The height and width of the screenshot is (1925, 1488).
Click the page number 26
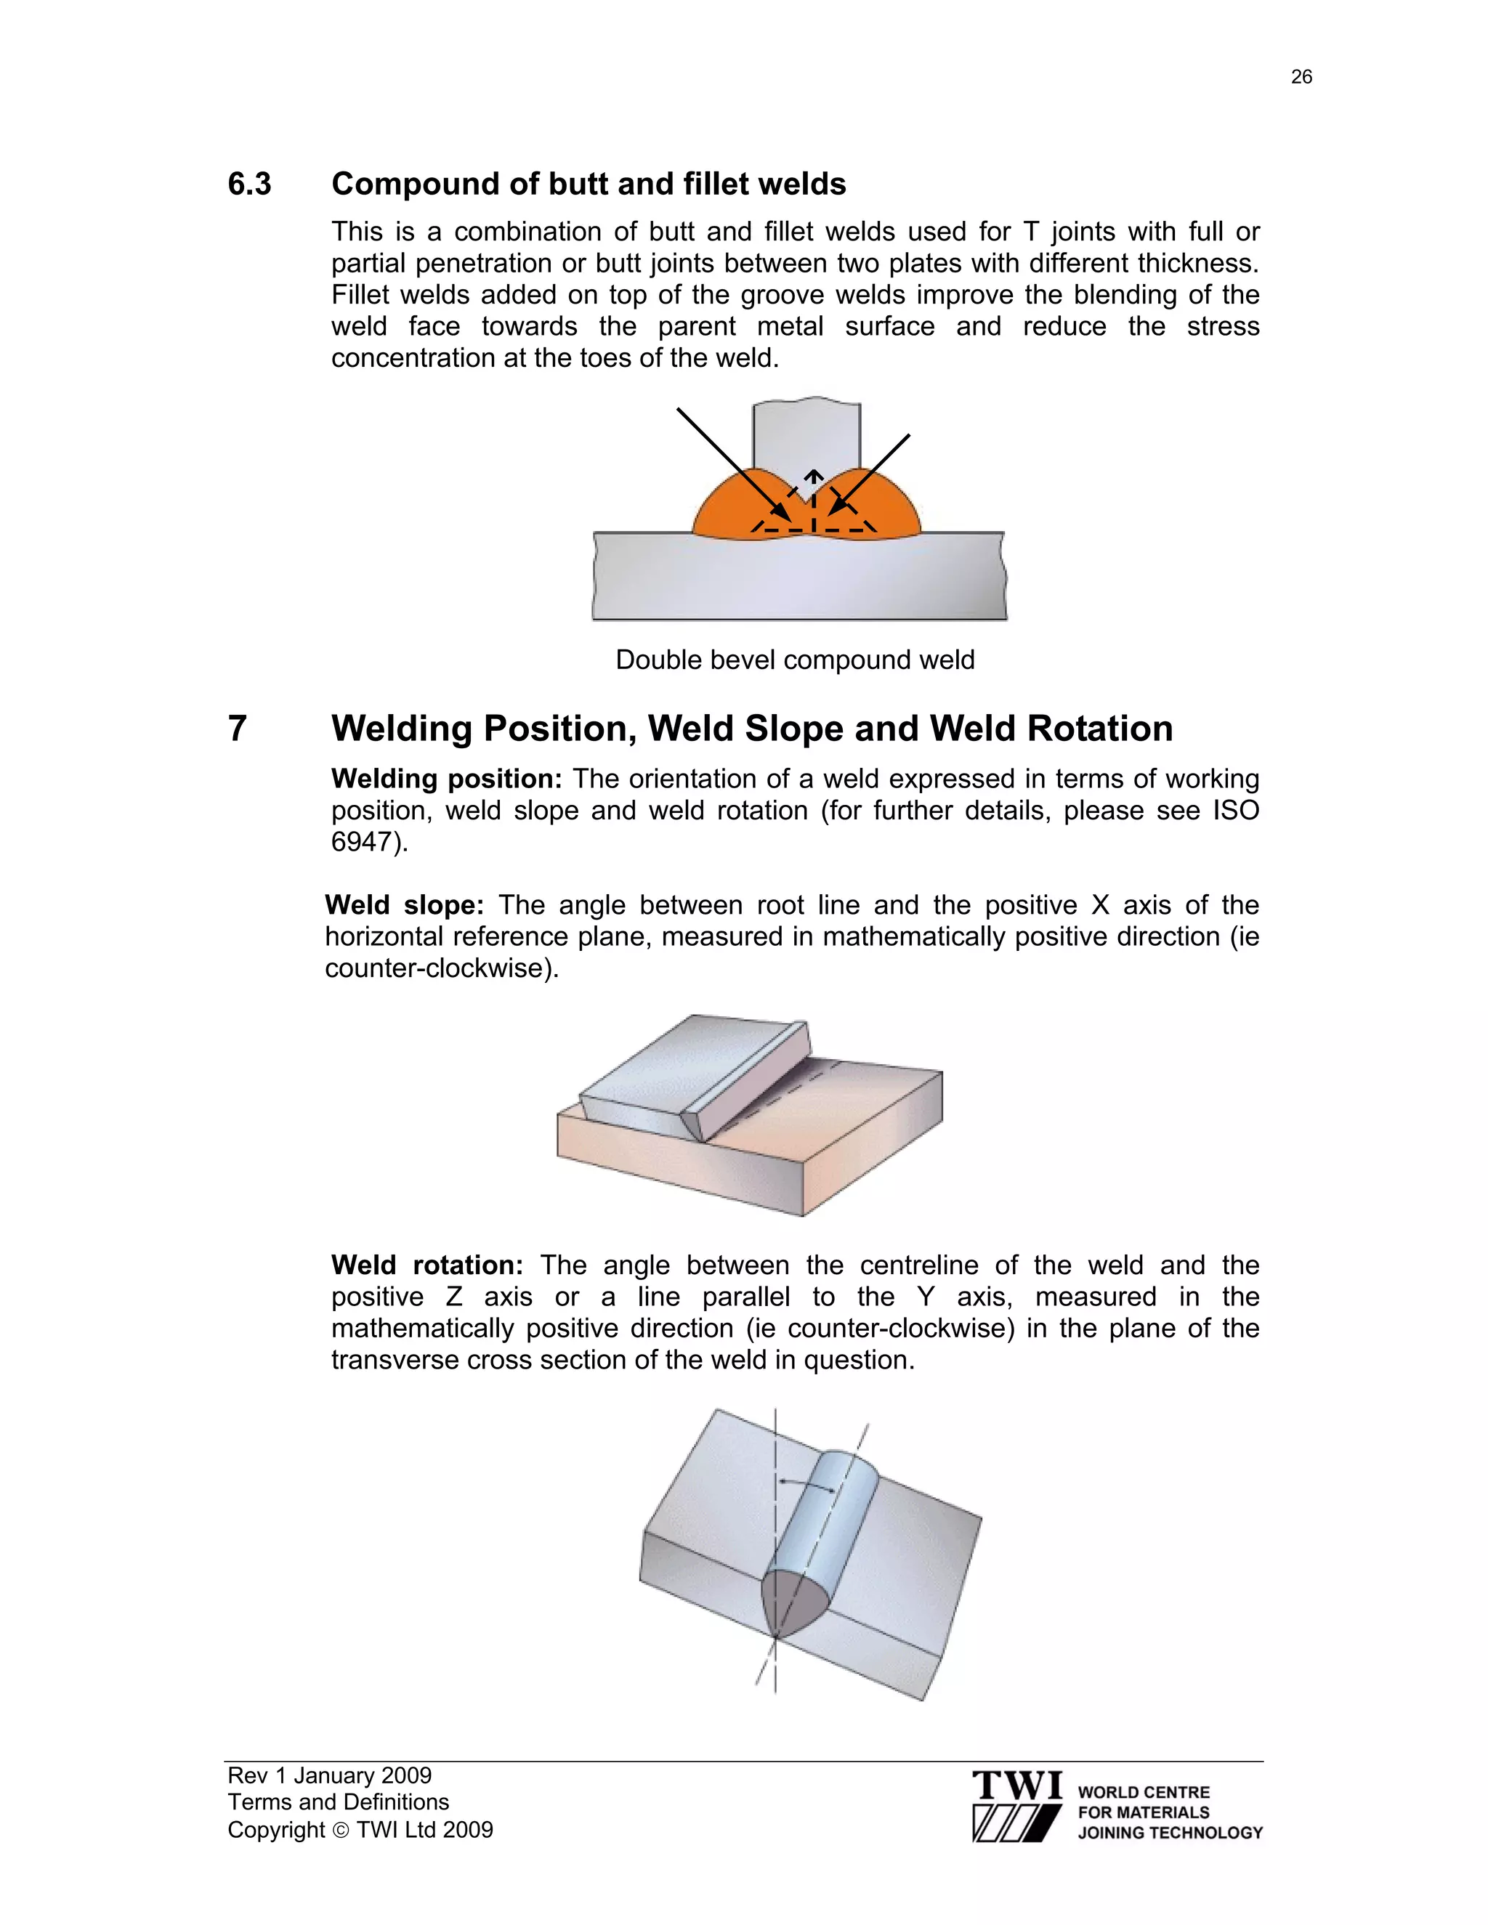(1301, 78)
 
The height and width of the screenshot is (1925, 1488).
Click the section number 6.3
(249, 185)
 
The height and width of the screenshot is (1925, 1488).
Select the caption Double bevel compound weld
(794, 660)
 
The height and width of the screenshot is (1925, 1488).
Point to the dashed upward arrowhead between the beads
(813, 479)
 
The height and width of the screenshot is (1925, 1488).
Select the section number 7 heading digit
(237, 729)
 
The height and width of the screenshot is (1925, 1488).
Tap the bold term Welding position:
(446, 779)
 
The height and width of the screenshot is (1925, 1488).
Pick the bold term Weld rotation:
(426, 1265)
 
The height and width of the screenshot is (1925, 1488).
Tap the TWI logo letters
(1017, 1786)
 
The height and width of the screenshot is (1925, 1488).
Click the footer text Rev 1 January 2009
(329, 1775)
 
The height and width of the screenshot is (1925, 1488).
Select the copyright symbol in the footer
(340, 1831)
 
